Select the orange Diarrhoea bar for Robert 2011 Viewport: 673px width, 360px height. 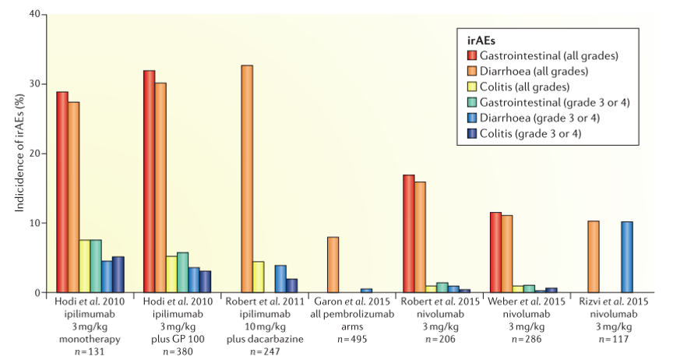point(247,179)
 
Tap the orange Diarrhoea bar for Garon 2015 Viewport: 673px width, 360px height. point(333,265)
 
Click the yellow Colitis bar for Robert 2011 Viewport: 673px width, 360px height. point(259,277)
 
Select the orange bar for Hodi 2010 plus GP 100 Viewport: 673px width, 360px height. point(160,188)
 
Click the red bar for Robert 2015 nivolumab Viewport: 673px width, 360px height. point(409,234)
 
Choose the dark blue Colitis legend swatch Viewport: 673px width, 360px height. point(472,133)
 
